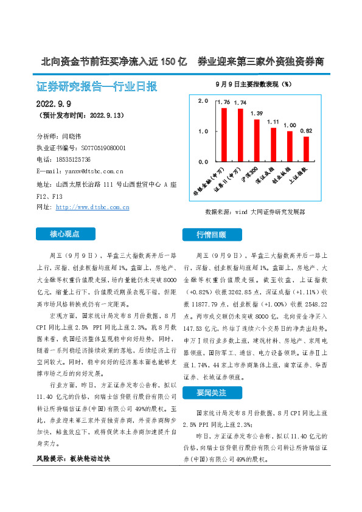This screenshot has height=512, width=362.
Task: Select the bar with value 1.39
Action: pyautogui.click(x=257, y=141)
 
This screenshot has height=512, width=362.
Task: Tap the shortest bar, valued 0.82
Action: pyautogui.click(x=306, y=150)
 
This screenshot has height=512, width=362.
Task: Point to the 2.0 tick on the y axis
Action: pyautogui.click(x=203, y=100)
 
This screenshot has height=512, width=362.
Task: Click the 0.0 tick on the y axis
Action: pyautogui.click(x=203, y=162)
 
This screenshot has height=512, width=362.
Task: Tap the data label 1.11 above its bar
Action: pyautogui.click(x=273, y=122)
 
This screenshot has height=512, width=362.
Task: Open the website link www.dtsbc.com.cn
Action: pyautogui.click(x=92, y=207)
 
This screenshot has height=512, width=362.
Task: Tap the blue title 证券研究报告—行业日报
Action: pyautogui.click(x=97, y=86)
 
